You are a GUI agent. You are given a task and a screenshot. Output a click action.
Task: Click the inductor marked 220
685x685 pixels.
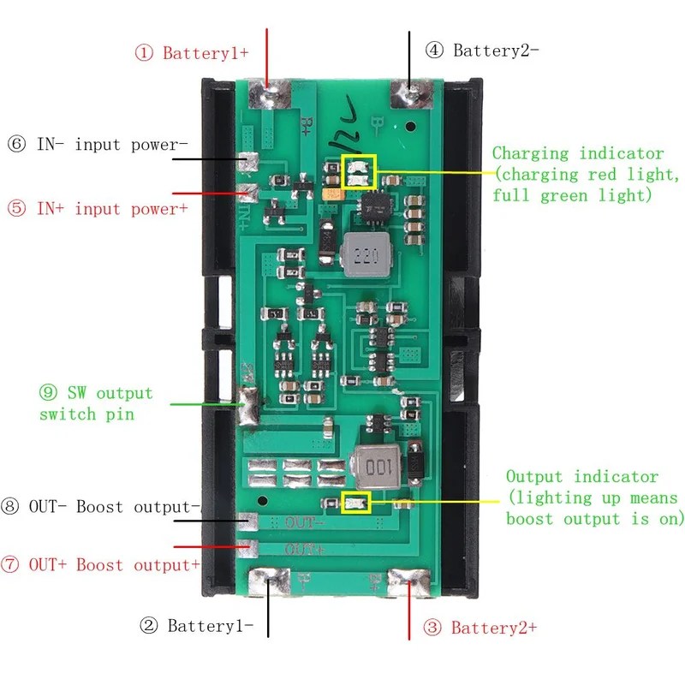click(366, 254)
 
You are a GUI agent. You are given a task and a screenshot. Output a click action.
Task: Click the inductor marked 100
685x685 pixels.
click(377, 468)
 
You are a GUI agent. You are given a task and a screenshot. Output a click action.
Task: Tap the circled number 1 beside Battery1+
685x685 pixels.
click(144, 53)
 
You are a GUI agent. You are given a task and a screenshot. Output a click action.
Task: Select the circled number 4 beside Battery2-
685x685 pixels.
click(434, 50)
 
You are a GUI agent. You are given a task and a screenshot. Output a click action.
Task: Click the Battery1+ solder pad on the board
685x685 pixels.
click(269, 94)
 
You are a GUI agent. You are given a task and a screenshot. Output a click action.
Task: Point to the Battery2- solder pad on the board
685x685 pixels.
click(411, 94)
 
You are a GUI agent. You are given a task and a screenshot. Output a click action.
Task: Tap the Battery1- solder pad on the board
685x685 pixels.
click(269, 581)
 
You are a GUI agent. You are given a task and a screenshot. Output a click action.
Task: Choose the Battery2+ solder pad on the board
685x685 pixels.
click(409, 582)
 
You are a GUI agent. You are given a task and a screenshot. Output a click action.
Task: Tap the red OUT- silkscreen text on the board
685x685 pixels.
click(305, 522)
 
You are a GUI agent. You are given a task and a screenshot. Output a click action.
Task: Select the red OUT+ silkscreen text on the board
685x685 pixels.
click(305, 549)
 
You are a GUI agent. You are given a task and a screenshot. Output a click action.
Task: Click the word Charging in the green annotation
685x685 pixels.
click(530, 154)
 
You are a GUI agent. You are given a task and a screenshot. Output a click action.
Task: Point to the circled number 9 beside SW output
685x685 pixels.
click(48, 392)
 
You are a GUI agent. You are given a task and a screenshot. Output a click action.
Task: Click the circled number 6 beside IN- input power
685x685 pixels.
click(16, 144)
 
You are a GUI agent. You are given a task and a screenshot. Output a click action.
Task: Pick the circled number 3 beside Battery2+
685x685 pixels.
click(432, 628)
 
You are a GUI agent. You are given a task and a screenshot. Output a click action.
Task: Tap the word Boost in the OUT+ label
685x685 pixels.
click(99, 565)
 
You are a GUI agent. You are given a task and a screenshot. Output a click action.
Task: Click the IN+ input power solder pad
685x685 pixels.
click(247, 192)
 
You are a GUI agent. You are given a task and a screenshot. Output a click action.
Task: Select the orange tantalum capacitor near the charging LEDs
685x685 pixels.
click(333, 194)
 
